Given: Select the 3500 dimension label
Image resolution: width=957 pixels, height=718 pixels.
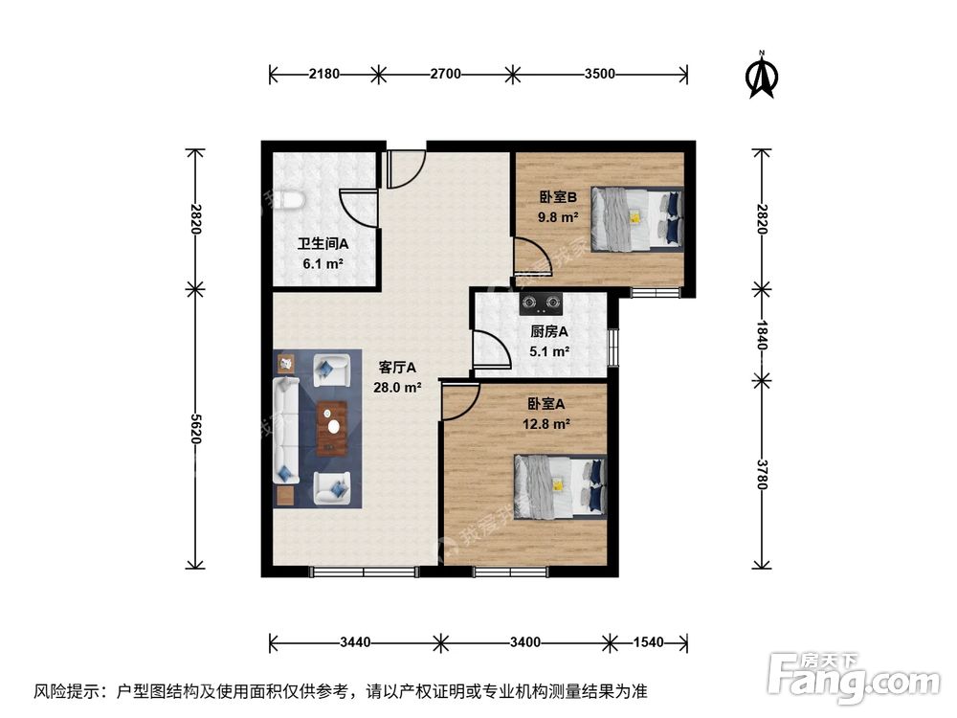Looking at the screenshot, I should coord(599,73).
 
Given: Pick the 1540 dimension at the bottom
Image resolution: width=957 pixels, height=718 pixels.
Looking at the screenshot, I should coord(650,640).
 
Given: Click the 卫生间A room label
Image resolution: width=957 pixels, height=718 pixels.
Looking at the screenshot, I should coord(321,244).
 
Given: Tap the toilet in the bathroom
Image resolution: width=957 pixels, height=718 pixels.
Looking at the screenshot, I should coord(289,201).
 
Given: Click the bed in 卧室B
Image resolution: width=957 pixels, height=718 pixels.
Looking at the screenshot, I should coord(637,218).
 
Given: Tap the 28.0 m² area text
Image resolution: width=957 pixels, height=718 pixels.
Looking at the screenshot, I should coord(398,388).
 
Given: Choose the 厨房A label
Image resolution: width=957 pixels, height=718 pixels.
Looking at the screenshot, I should coord(549,332).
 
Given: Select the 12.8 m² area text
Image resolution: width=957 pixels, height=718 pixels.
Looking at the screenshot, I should coord(549,422).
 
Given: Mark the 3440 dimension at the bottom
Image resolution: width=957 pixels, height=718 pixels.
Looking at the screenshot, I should coord(354,640).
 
